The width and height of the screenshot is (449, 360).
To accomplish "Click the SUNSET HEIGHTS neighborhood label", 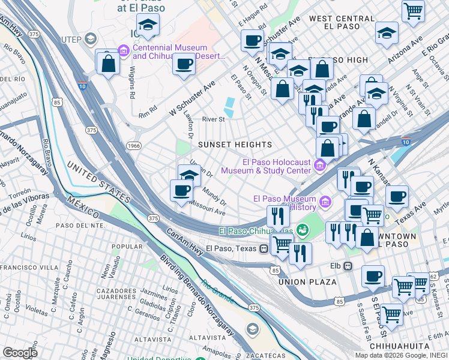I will (235, 145).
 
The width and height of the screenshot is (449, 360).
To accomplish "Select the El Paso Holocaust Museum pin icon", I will (320, 165).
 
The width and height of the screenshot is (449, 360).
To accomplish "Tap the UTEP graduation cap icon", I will (90, 40).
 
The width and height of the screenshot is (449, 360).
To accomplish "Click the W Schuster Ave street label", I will (191, 98).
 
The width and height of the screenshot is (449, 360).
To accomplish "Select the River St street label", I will (213, 119).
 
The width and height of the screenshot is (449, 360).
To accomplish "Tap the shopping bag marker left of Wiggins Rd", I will (109, 64).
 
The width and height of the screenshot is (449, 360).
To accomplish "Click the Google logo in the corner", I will (20, 353).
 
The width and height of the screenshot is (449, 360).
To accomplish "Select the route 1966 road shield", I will (133, 145).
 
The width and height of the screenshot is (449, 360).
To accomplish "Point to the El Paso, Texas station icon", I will (264, 248).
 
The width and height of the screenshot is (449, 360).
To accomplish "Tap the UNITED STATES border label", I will (98, 181).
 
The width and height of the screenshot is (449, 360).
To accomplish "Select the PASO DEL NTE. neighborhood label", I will (80, 225).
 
